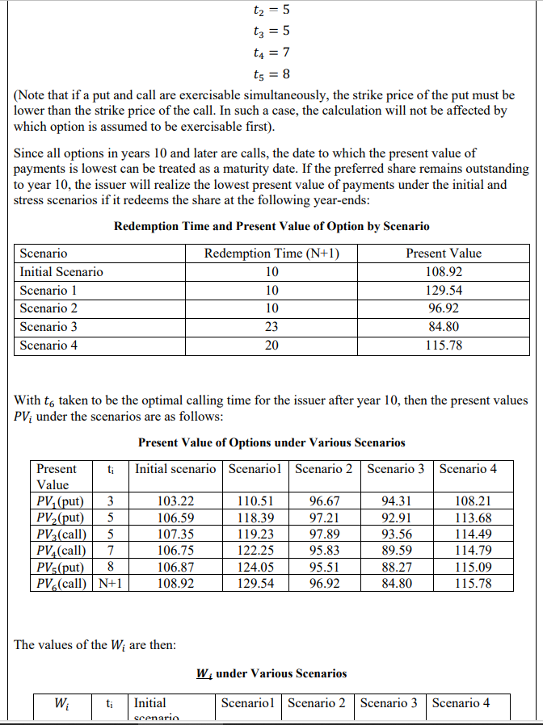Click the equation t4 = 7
[x=271, y=52]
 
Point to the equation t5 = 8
[x=271, y=74]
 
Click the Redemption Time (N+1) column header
[x=271, y=254]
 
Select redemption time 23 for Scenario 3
[x=271, y=327]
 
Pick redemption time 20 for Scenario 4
[x=271, y=346]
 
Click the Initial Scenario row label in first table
[x=61, y=272]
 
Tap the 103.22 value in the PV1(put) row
[x=175, y=501]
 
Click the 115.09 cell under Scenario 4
[x=473, y=566]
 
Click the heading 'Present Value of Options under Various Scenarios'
[x=271, y=442]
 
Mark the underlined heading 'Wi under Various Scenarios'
[x=271, y=673]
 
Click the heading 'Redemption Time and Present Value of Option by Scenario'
[x=271, y=226]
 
